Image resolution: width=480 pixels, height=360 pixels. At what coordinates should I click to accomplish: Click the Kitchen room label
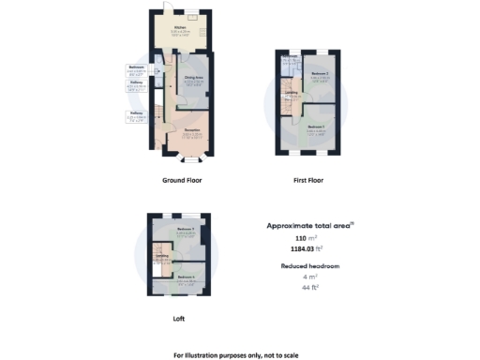point(181,29)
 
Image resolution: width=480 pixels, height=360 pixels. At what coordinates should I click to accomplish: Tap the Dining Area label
point(195,81)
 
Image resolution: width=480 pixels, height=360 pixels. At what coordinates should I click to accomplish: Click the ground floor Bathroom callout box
point(135,70)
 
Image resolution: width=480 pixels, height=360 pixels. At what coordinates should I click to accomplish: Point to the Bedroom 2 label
point(320,74)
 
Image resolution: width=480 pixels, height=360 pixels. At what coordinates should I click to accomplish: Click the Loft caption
point(178,319)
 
